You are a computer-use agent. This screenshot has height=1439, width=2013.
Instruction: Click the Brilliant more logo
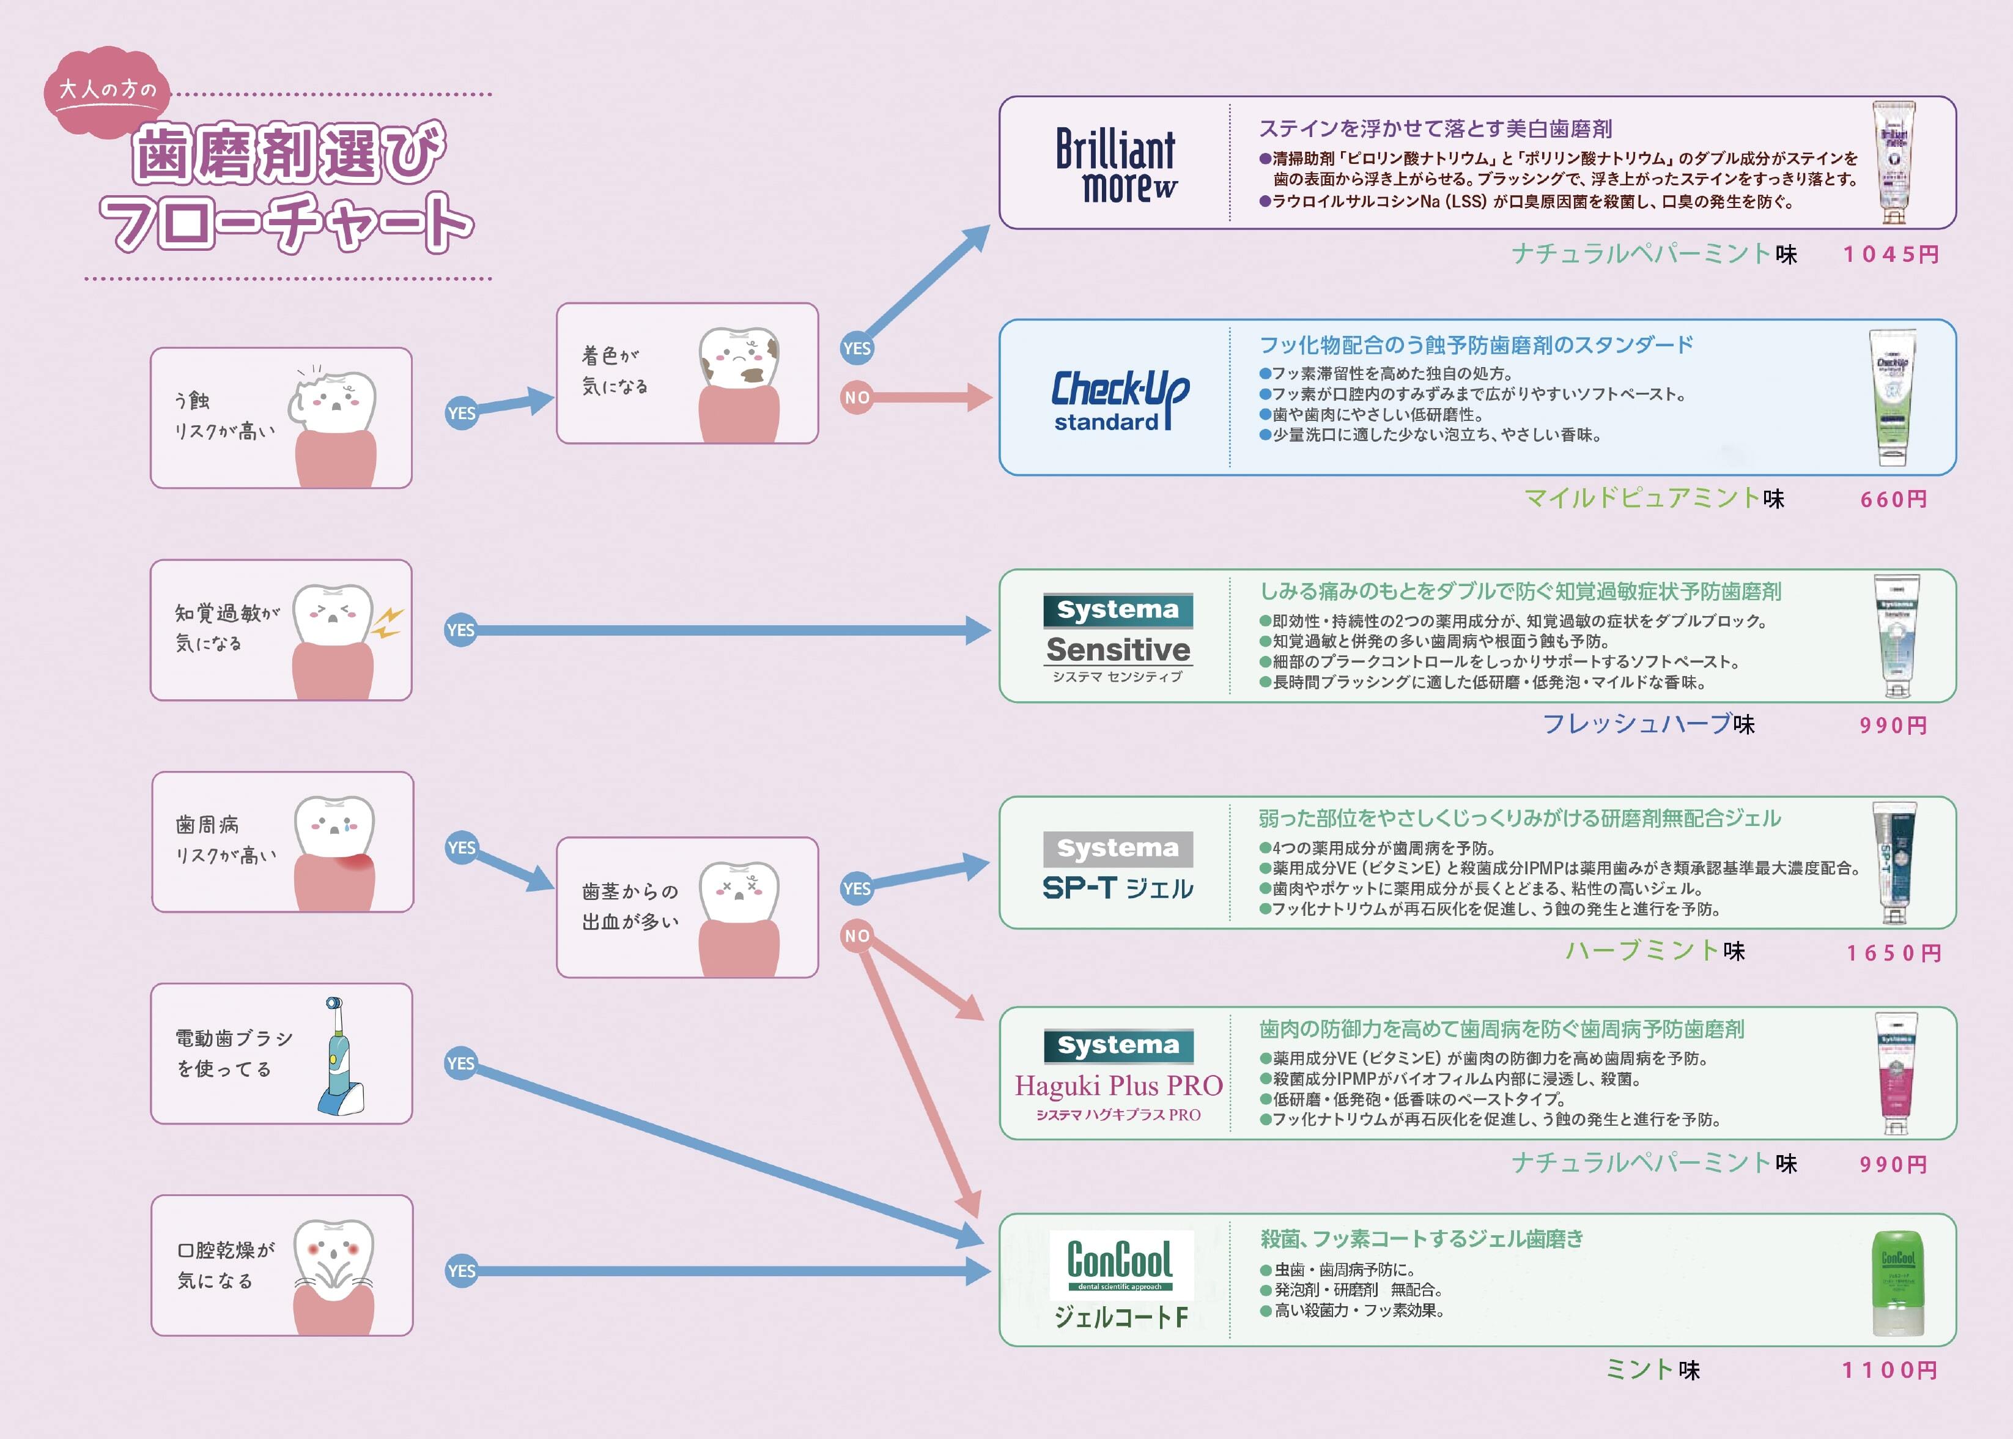pos(1116,165)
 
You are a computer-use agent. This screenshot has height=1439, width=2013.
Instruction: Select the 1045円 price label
pos(1891,255)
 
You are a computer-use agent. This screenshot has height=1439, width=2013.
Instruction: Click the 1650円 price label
pos(1893,953)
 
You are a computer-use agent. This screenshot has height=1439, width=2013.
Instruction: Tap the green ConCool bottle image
pos(1897,1282)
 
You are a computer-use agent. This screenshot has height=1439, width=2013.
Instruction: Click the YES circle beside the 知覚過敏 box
pos(460,630)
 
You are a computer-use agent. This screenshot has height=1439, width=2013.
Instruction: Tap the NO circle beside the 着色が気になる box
pos(857,397)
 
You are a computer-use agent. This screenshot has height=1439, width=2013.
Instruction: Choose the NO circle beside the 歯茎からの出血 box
pos(857,935)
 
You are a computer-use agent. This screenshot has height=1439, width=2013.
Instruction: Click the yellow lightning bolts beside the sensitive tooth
pos(387,623)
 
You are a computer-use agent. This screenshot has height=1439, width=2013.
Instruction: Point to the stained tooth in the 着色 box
pos(739,359)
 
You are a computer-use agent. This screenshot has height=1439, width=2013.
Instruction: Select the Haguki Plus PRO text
pos(1118,1085)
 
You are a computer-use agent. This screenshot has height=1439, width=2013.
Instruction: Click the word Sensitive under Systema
pos(1118,650)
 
